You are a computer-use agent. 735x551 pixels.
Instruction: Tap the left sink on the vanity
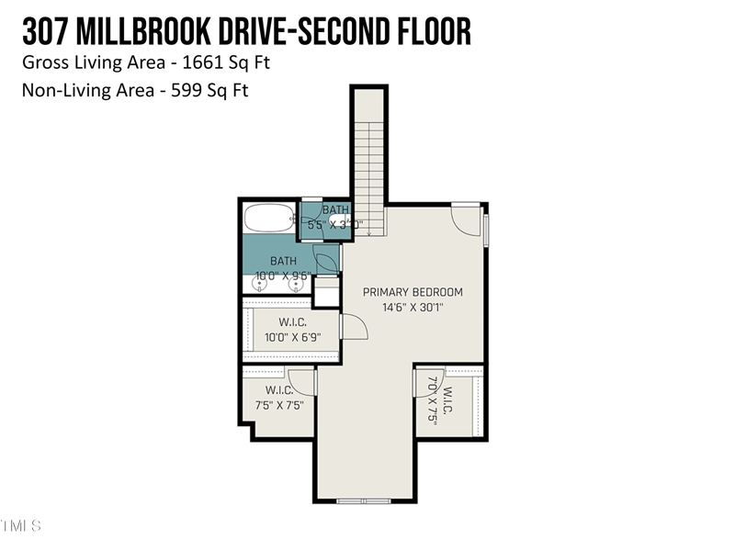[x=260, y=285]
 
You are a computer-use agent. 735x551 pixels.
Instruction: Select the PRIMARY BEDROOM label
[x=413, y=293]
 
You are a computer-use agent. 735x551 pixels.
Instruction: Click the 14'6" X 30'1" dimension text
[x=413, y=308]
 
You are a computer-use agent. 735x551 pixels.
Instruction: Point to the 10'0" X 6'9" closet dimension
[x=292, y=338]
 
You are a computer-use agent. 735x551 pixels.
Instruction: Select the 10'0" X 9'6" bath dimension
[x=283, y=275]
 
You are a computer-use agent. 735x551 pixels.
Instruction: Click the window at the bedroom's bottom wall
[x=364, y=500]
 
